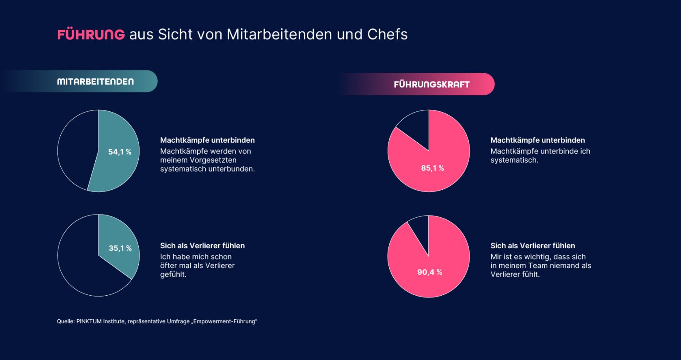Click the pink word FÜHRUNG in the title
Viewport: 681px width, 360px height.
pyautogui.click(x=91, y=35)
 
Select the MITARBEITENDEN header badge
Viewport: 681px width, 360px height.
pyautogui.click(x=95, y=82)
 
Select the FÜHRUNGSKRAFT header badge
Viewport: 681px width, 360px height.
pyautogui.click(x=431, y=84)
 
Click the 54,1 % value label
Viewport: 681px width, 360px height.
pyautogui.click(x=120, y=152)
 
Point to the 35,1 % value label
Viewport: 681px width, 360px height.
pyautogui.click(x=120, y=248)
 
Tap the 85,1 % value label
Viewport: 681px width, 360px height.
pyautogui.click(x=432, y=168)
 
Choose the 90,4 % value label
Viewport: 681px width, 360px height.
pyautogui.click(x=429, y=272)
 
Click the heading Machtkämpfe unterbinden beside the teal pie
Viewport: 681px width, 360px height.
pyautogui.click(x=207, y=140)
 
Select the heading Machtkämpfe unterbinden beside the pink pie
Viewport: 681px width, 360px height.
pyautogui.click(x=537, y=140)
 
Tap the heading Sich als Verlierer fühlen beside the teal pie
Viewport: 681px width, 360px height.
pyautogui.click(x=202, y=246)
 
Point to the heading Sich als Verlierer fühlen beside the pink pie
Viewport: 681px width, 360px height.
pyautogui.click(x=532, y=246)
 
